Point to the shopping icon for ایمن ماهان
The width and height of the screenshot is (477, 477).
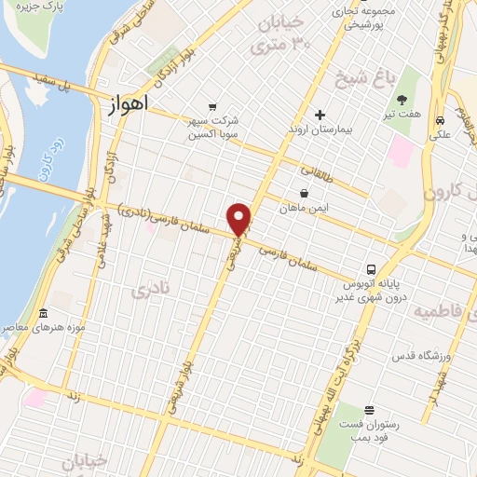[305, 194]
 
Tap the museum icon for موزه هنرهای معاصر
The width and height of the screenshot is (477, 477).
[44, 314]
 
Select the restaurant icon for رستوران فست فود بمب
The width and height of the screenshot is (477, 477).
[371, 410]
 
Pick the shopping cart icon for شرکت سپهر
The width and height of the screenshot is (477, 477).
[213, 106]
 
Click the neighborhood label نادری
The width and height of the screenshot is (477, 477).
[152, 292]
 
